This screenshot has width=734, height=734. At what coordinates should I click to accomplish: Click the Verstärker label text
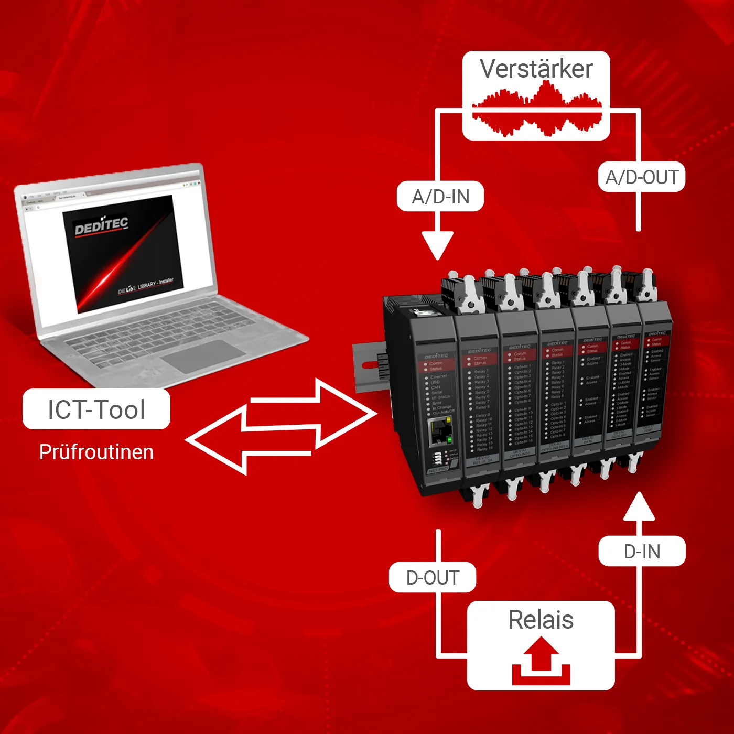(536, 69)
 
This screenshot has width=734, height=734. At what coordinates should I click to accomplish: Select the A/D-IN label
(440, 197)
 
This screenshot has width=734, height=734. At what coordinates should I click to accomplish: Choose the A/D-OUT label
(642, 177)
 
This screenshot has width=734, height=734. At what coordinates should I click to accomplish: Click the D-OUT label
(433, 578)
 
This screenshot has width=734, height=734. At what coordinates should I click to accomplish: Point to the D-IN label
(642, 551)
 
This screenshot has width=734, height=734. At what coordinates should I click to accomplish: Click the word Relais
(541, 620)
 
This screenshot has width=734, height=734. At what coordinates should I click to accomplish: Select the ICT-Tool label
(96, 409)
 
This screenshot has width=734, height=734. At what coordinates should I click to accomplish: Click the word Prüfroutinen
(96, 452)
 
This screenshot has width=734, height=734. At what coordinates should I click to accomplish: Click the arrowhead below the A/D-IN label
(437, 245)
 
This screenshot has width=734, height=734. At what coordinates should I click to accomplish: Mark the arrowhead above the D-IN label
(639, 506)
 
